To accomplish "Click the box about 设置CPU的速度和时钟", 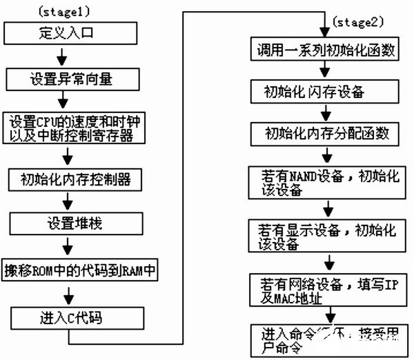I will click(x=81, y=128).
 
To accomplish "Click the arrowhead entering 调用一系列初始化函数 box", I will click(x=322, y=34).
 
